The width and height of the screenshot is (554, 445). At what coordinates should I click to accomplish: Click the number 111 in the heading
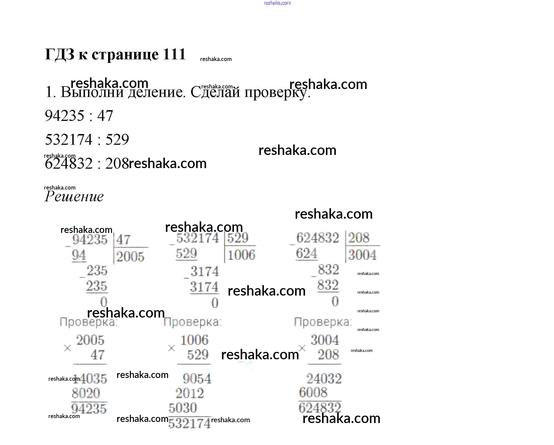[174, 54]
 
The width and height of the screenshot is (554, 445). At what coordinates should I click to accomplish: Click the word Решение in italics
[74, 197]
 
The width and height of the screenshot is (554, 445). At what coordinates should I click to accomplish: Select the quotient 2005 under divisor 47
[130, 257]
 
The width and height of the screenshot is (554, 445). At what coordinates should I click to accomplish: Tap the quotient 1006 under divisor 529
[241, 255]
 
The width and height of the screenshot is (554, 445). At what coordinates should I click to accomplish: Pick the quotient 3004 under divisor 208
[362, 255]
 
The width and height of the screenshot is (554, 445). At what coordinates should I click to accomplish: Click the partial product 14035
[91, 379]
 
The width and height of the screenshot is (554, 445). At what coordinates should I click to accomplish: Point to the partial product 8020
[86, 393]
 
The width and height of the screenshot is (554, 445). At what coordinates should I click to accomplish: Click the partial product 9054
[197, 379]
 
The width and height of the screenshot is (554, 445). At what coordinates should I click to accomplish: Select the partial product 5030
[183, 408]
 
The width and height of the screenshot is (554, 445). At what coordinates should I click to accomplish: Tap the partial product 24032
[324, 379]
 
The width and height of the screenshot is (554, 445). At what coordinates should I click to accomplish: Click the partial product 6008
[313, 393]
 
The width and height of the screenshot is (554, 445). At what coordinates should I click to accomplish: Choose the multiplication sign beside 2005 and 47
[67, 348]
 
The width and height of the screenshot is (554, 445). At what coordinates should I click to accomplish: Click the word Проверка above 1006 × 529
[192, 322]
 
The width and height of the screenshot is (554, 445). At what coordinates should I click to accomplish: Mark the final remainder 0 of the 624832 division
[335, 302]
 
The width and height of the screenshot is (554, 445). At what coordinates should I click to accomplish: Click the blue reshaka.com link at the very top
[277, 3]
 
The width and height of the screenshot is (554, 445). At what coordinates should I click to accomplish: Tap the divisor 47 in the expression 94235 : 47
[105, 116]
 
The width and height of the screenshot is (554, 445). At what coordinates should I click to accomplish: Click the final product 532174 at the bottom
[189, 423]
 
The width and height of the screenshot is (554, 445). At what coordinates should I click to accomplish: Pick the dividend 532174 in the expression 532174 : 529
[69, 140]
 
